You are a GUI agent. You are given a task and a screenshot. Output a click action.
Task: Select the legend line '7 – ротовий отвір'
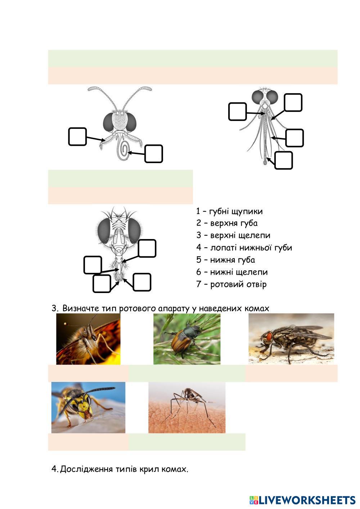tap(231, 284)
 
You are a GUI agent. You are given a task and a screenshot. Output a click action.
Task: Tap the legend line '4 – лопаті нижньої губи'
tap(244, 248)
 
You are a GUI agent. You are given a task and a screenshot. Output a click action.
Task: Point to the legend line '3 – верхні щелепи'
tap(233, 235)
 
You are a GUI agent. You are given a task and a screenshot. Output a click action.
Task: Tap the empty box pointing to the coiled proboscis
tap(154, 154)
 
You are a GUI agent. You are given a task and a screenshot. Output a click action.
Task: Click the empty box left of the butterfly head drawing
tap(77, 136)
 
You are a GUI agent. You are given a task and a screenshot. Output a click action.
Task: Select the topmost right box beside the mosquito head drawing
tap(293, 103)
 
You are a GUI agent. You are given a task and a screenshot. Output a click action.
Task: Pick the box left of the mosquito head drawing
tap(237, 111)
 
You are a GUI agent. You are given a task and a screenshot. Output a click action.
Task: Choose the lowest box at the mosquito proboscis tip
tap(283, 161)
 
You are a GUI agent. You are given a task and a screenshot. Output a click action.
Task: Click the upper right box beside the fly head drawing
tap(147, 248)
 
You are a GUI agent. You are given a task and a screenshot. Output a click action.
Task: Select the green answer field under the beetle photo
tap(186, 373)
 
